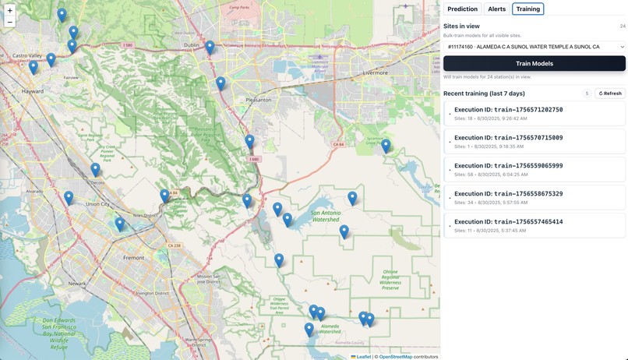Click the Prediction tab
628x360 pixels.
[463, 9]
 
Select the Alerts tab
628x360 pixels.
[496, 9]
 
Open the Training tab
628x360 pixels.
[527, 9]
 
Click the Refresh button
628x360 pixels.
[610, 94]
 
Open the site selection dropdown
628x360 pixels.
[535, 47]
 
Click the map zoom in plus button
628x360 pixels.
[9, 10]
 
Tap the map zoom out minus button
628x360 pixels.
[9, 22]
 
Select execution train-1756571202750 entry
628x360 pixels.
[535, 114]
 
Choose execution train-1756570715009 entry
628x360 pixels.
[535, 142]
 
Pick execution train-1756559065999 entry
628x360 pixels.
[535, 170]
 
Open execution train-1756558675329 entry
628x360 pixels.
[535, 198]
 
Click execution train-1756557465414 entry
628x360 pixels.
[535, 226]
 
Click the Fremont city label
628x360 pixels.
[134, 257]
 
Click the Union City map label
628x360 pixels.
[97, 204]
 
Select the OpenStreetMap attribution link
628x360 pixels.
[397, 357]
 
